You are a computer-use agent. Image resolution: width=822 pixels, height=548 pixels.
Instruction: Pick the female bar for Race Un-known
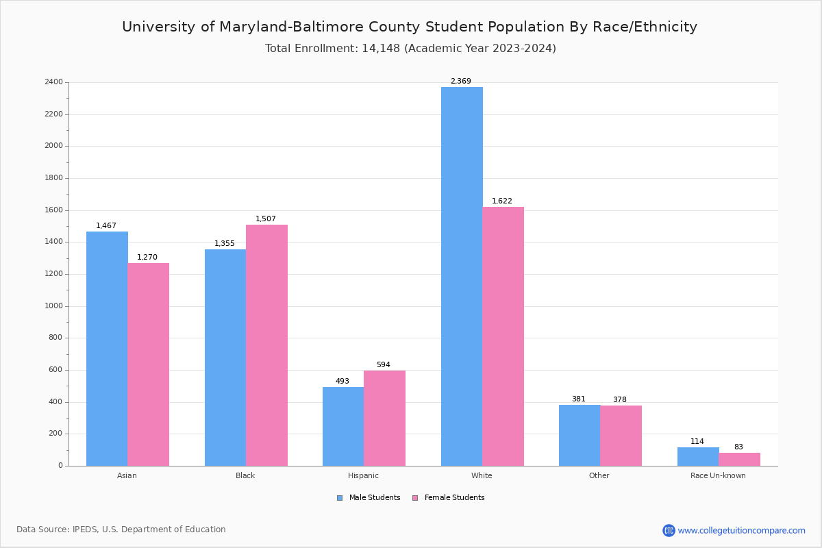(739, 459)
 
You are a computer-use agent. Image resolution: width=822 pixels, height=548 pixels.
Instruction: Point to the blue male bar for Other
(580, 435)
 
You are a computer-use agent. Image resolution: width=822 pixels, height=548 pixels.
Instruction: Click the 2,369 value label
(460, 81)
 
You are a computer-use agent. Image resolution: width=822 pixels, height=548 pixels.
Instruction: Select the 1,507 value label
(266, 219)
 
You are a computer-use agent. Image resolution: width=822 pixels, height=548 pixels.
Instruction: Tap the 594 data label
(383, 365)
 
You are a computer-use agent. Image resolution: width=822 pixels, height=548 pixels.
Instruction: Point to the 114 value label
(697, 442)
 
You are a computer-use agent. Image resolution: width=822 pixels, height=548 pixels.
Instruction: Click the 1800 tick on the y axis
(53, 178)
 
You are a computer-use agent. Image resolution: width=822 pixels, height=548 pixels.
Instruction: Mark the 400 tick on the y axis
(55, 402)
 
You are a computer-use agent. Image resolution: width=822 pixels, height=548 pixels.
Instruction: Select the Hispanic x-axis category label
(363, 475)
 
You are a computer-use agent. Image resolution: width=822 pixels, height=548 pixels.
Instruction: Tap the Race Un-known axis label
(718, 475)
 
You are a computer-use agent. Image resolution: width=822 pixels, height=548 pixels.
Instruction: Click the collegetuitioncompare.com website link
(741, 530)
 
